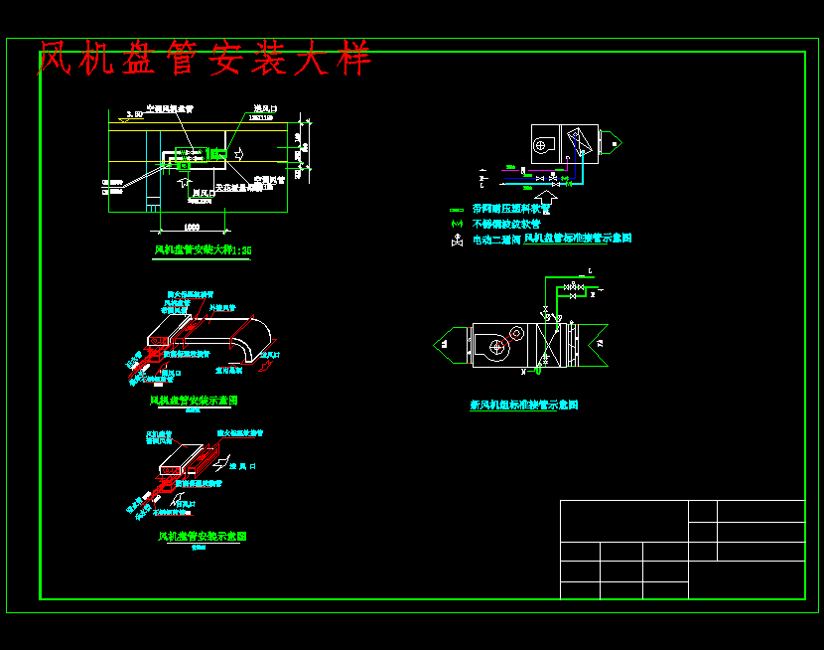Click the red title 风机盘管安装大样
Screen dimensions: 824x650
pyautogui.click(x=204, y=59)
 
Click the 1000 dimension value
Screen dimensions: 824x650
pyautogui.click(x=193, y=227)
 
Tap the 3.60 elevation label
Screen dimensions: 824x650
pyautogui.click(x=127, y=115)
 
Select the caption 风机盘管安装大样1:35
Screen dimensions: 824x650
pyautogui.click(x=203, y=250)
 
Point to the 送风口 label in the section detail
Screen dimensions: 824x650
pyautogui.click(x=264, y=108)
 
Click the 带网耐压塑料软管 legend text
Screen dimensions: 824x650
pyautogui.click(x=511, y=210)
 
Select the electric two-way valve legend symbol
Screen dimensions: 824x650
pyautogui.click(x=456, y=240)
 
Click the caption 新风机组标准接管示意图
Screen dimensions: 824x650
pyautogui.click(x=523, y=406)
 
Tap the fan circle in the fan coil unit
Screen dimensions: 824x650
pyautogui.click(x=541, y=145)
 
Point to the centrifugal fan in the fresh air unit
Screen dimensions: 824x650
pyautogui.click(x=495, y=347)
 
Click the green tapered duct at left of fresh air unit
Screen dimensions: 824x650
pyautogui.click(x=453, y=345)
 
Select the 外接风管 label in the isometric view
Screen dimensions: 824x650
pyautogui.click(x=235, y=308)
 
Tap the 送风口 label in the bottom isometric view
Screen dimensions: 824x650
pyautogui.click(x=243, y=466)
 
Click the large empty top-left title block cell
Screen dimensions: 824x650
pyautogui.click(x=623, y=521)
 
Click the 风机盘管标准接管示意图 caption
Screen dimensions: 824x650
pyautogui.click(x=578, y=239)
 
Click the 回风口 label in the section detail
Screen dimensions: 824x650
pyautogui.click(x=202, y=193)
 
